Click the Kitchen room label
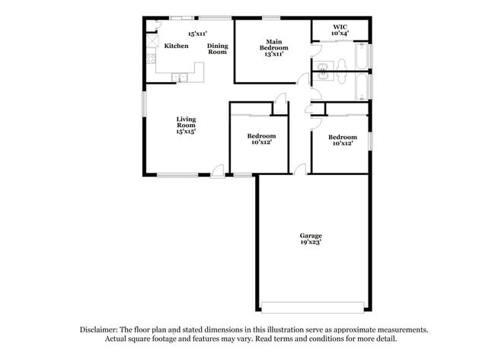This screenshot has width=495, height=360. click(x=176, y=46)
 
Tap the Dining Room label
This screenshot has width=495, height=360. click(x=218, y=49)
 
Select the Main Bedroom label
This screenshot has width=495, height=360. click(x=274, y=44)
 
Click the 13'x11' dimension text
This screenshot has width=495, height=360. click(x=274, y=54)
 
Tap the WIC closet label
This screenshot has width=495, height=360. click(x=340, y=27)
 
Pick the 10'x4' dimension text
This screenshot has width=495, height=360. click(x=340, y=34)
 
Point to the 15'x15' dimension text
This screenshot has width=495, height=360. click(x=187, y=132)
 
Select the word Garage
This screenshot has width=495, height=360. click(x=310, y=236)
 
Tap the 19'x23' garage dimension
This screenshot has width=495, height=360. click(x=310, y=243)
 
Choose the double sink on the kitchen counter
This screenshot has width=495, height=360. click(x=180, y=76)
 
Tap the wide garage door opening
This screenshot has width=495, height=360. click(x=312, y=307)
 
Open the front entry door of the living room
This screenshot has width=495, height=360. click(x=219, y=171)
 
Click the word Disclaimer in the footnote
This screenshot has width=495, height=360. click(x=98, y=330)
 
